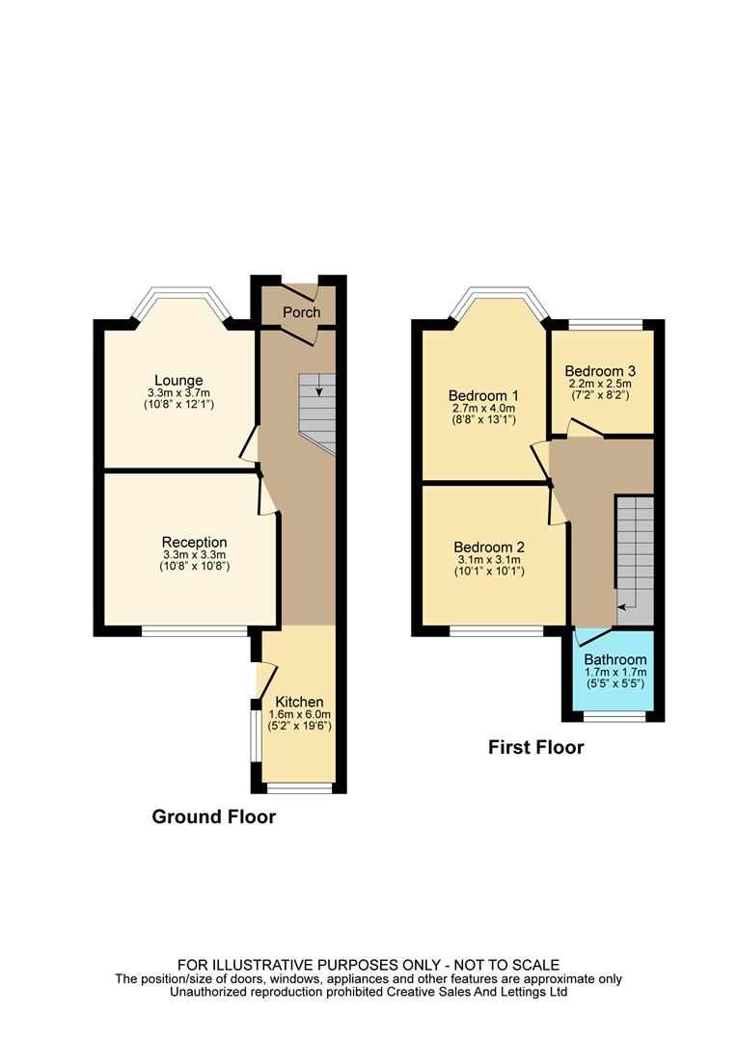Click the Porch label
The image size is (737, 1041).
click(301, 312)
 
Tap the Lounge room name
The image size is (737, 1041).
click(178, 380)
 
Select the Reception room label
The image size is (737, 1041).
click(194, 542)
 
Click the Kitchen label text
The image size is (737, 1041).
click(299, 701)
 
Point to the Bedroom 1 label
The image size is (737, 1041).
click(483, 395)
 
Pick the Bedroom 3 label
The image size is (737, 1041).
click(600, 371)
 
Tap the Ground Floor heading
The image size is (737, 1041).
click(214, 817)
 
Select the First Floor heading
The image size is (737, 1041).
click(535, 747)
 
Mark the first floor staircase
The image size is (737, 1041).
click(635, 554)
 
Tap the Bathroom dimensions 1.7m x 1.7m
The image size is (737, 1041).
click(614, 672)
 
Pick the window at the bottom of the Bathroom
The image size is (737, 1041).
click(614, 717)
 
